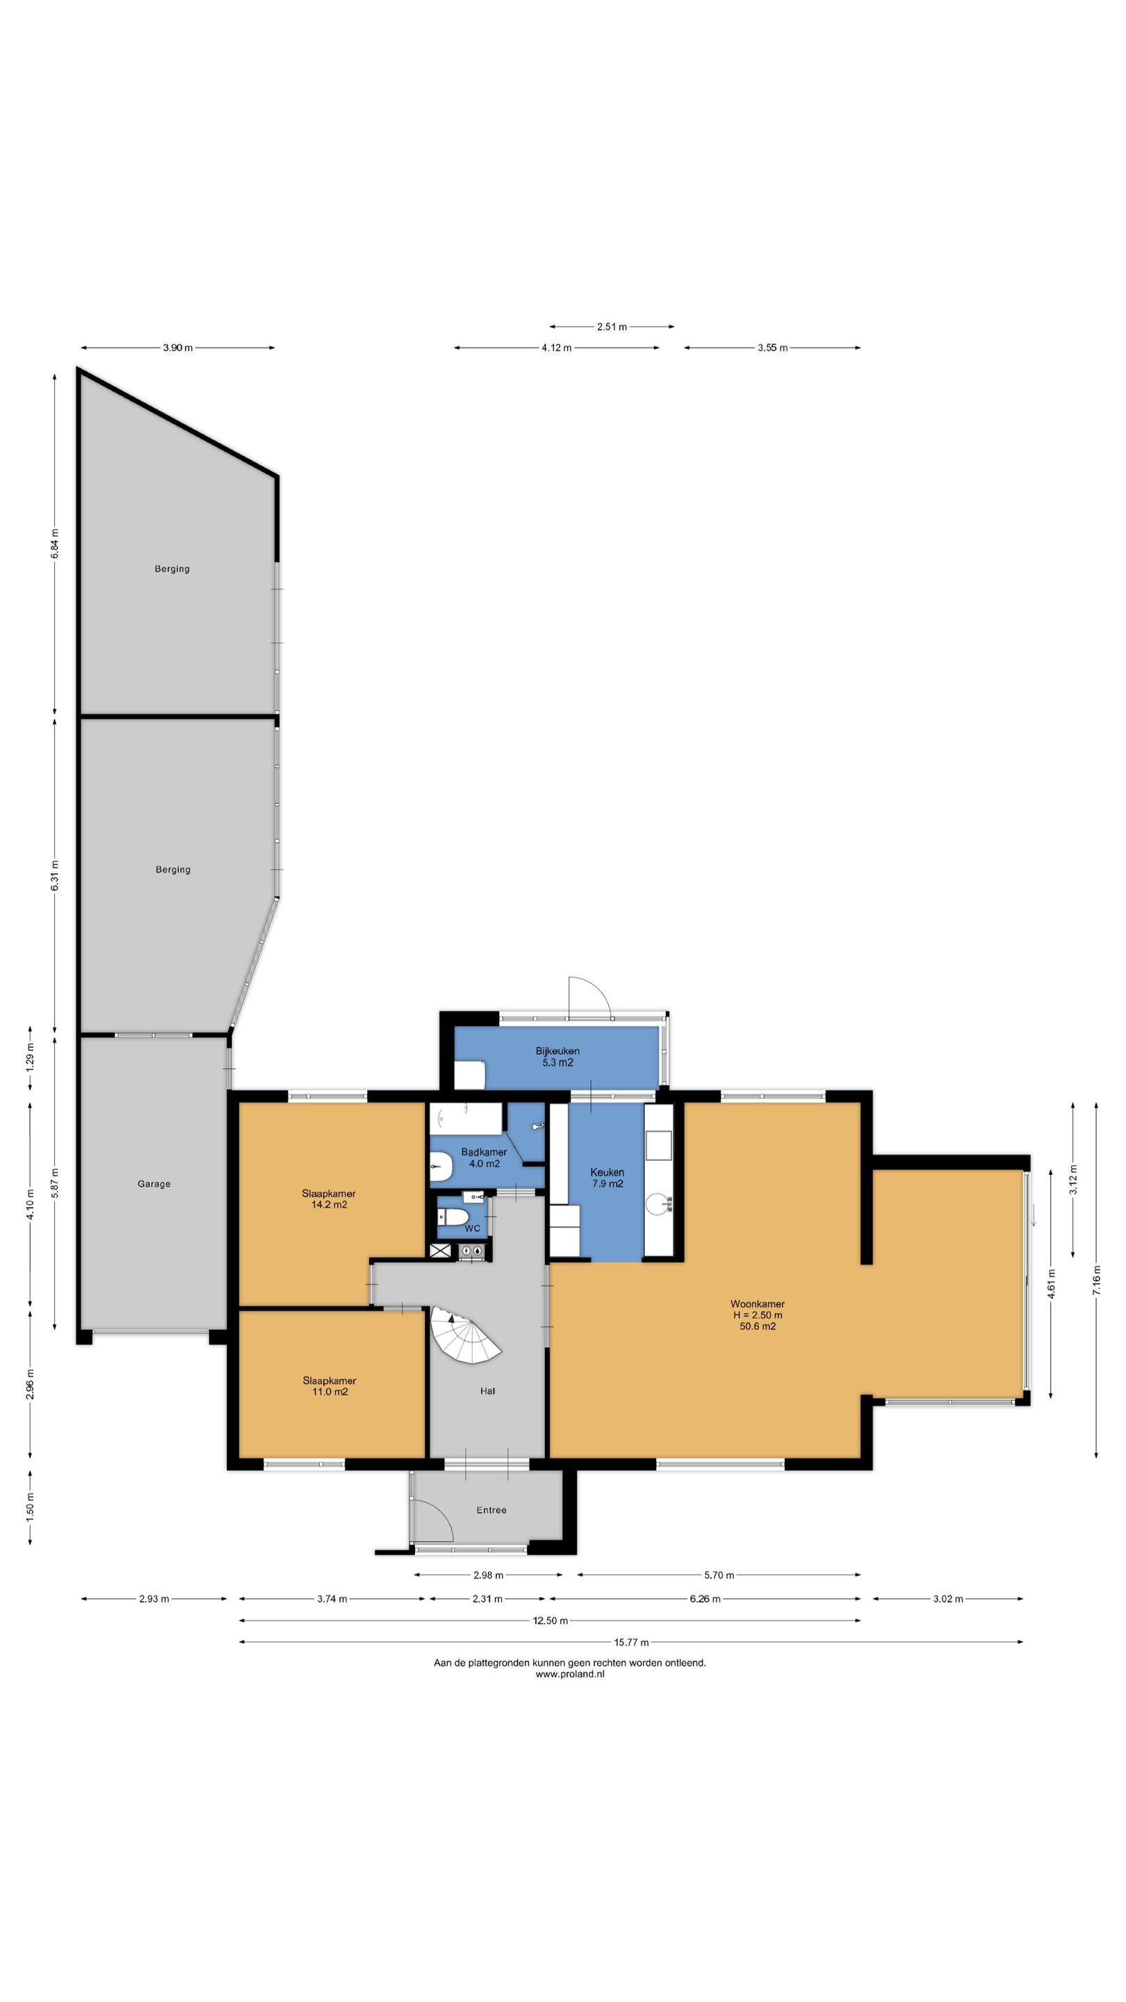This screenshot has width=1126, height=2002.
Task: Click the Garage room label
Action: coord(154,1184)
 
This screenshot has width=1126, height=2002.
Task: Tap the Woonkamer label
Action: coord(758,1315)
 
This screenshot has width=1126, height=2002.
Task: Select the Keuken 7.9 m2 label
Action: coord(607,1178)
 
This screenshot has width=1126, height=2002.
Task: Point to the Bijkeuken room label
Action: coord(557,1056)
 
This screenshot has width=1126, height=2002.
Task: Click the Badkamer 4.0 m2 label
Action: coord(484,1157)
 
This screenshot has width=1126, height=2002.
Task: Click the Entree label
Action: coord(491,1510)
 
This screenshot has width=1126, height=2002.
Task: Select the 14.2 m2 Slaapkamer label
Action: coord(329,1198)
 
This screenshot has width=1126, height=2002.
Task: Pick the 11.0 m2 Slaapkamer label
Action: coord(329,1385)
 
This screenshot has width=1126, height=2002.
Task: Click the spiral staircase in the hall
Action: coord(465,1335)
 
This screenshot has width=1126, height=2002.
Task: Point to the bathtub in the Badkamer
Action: coord(466,1119)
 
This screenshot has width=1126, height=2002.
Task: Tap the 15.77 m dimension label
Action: coord(631,1642)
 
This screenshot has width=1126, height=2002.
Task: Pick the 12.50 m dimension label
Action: coord(550,1620)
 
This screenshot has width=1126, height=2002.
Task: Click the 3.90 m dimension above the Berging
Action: coord(178,348)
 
